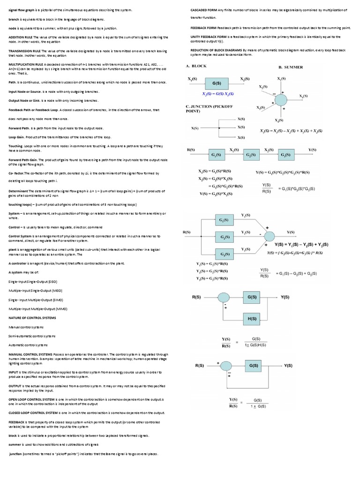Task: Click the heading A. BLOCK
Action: [x=196, y=67]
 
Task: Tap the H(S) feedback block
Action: [x=252, y=318]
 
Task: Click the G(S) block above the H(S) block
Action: [x=252, y=297]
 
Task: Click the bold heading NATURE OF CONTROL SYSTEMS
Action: [x=32, y=317]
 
